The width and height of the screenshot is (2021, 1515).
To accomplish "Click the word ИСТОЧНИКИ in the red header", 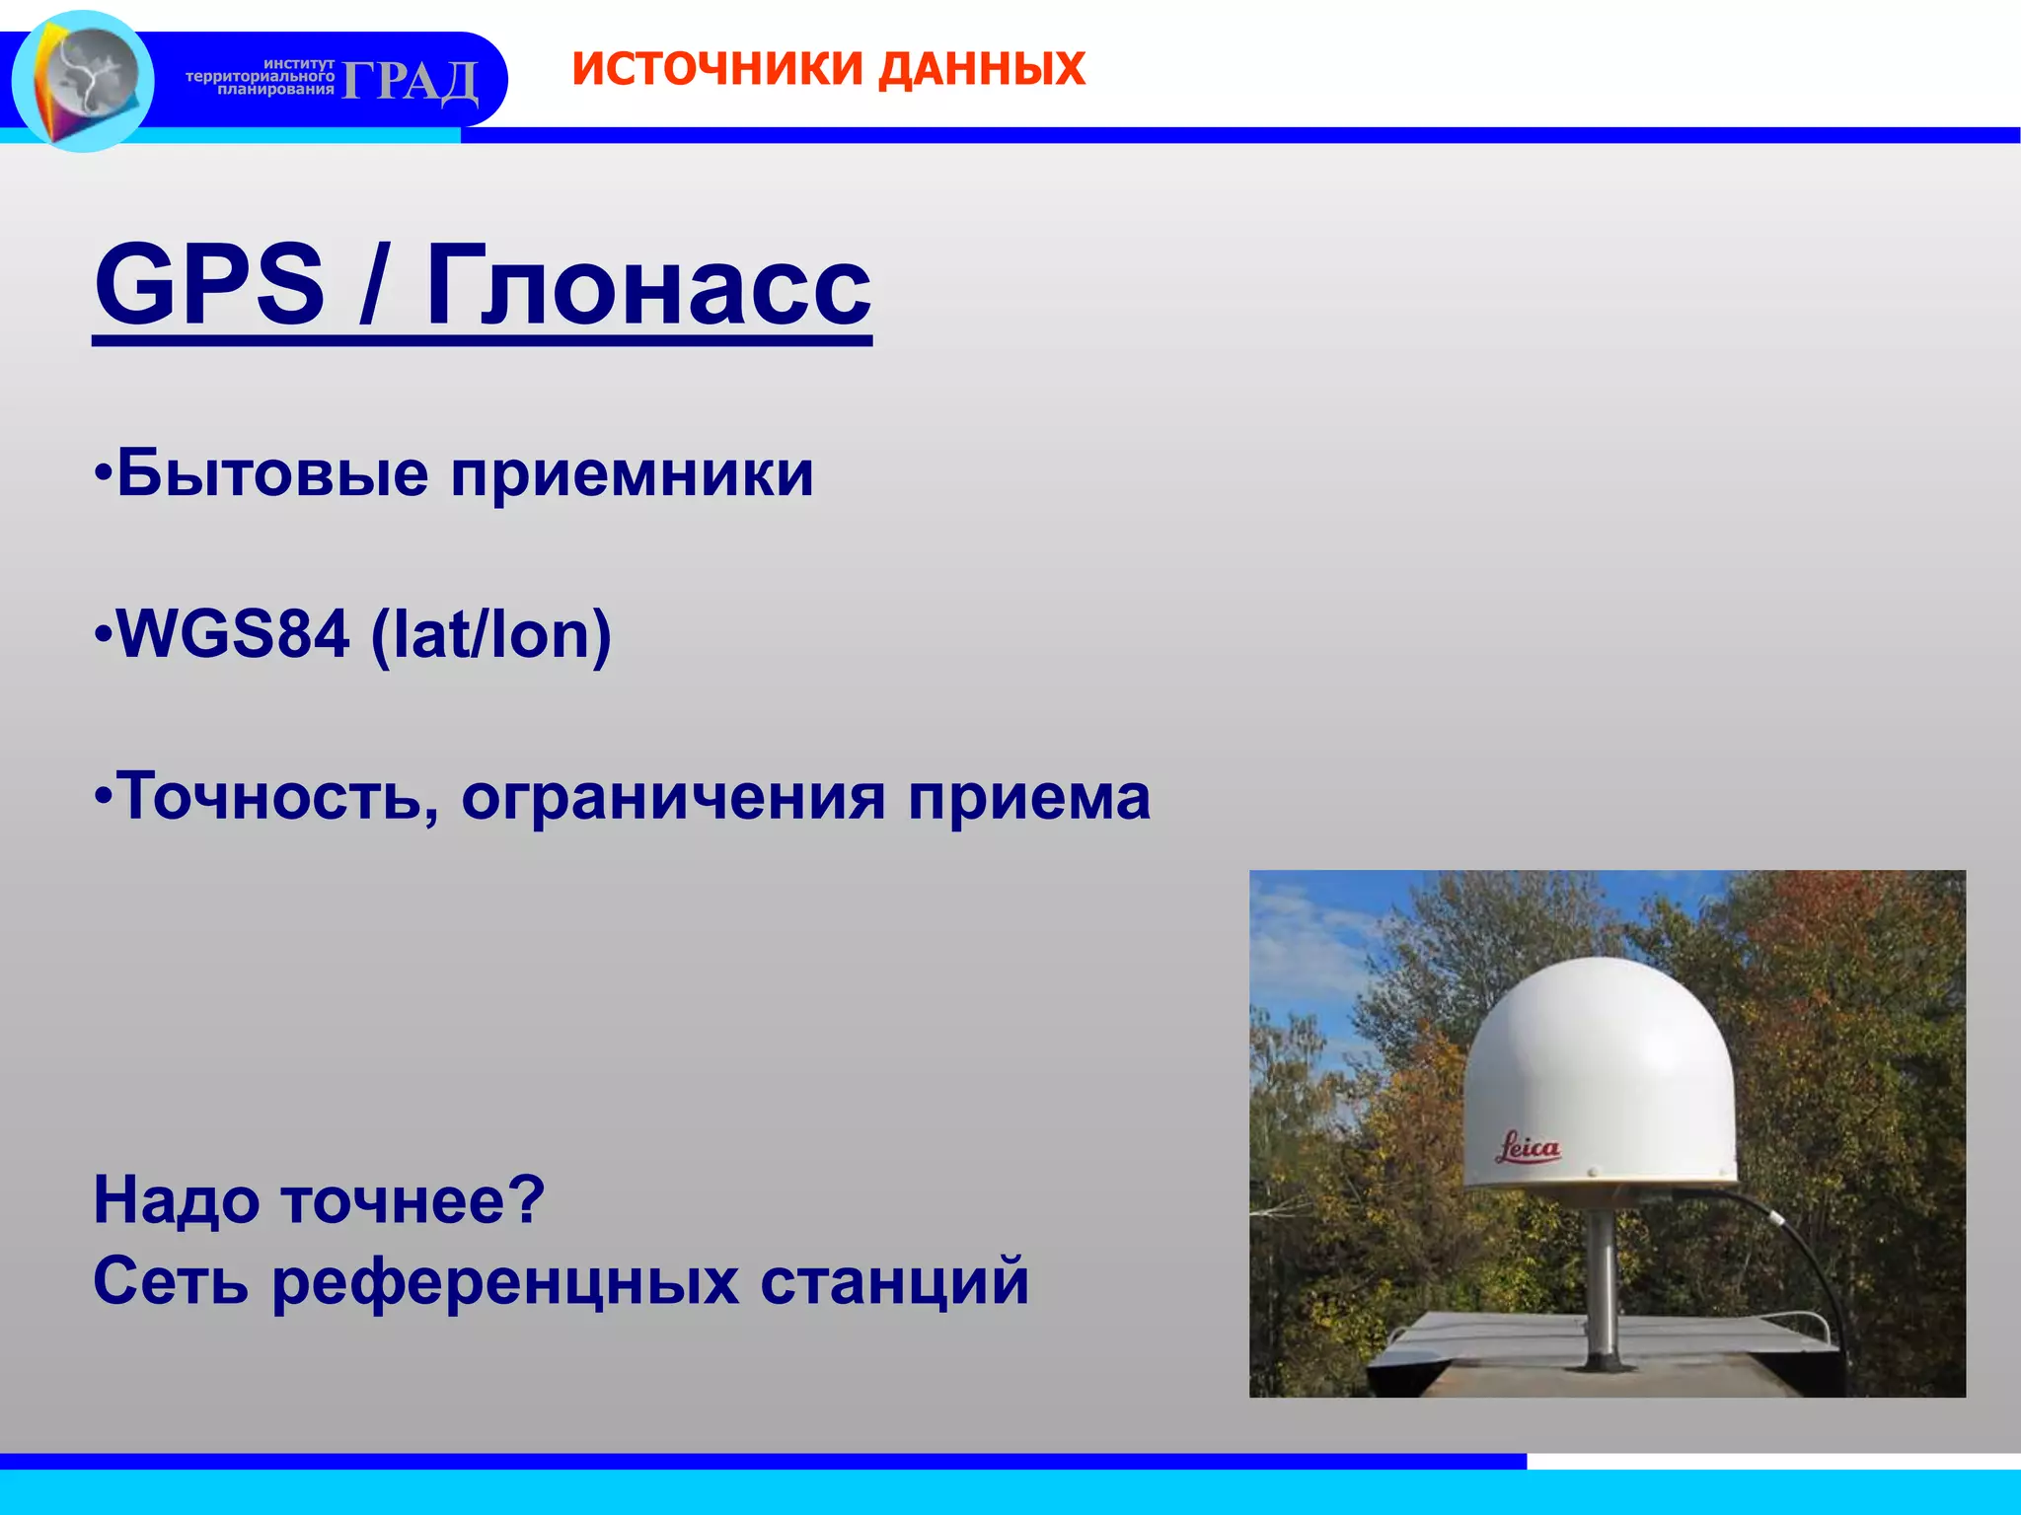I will pyautogui.click(x=717, y=69).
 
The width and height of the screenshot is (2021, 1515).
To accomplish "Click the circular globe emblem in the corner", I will pyautogui.click(x=83, y=80).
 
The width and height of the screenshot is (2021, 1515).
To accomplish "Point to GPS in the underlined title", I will pyautogui.click(x=209, y=285).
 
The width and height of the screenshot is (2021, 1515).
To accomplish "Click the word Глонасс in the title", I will pyautogui.click(x=648, y=285).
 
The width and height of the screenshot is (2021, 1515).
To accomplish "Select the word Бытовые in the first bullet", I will pyautogui.click(x=272, y=473).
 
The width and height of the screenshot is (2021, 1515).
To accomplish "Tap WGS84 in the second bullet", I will pyautogui.click(x=233, y=634).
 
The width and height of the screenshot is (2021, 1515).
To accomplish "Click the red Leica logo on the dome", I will pyautogui.click(x=1528, y=1147).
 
